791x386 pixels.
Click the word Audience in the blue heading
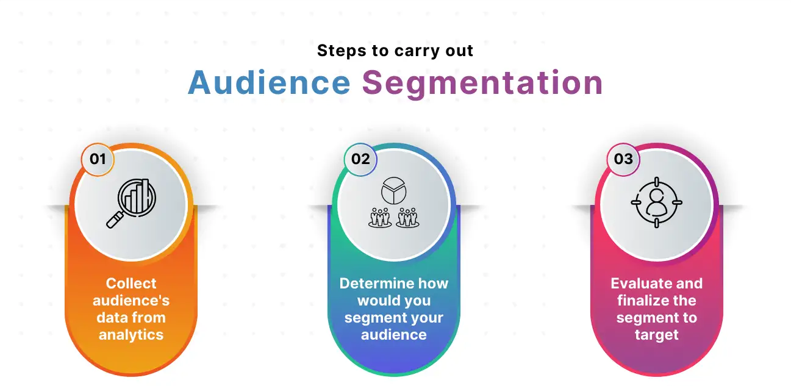point(269,83)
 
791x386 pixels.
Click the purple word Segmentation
point(483,85)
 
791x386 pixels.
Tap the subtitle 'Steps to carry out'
point(395,51)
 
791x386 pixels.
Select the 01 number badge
point(98,159)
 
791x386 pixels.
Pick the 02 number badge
point(360,159)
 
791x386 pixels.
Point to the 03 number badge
point(623,159)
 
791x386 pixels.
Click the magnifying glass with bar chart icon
point(131,203)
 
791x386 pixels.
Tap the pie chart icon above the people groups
point(394,191)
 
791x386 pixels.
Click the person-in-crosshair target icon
point(656,202)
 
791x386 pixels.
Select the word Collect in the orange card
point(131,283)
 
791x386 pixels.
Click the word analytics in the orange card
point(131,335)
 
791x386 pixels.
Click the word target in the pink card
point(657,335)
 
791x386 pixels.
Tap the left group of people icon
point(380,218)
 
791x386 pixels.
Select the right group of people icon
point(407,218)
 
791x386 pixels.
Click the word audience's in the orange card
point(131,301)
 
